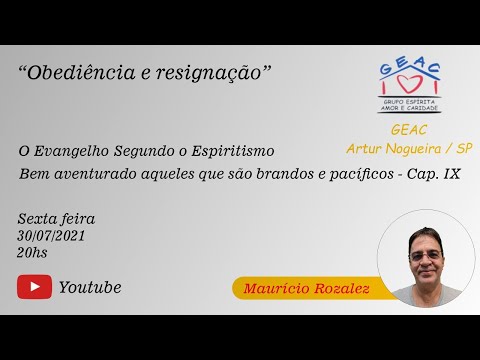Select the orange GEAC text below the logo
410,130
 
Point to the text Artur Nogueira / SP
409,148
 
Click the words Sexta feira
56,218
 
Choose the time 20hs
32,252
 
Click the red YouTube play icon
34,287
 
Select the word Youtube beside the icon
90,287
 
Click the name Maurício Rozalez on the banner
302,289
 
